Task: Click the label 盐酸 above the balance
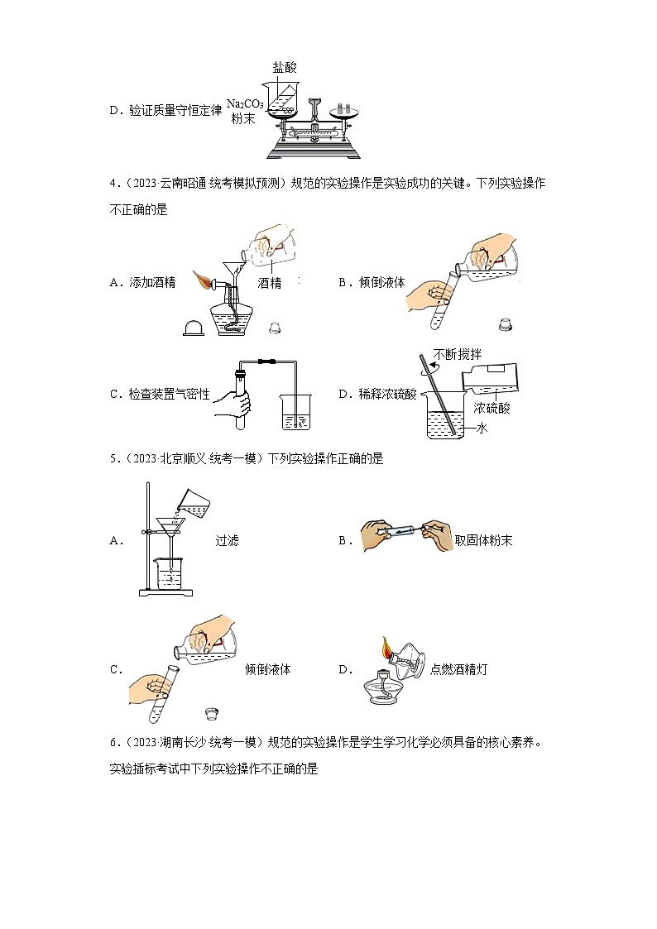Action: click(x=284, y=68)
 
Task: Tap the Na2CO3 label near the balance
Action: click(x=245, y=103)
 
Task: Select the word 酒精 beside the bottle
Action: click(x=270, y=283)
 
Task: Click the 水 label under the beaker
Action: click(x=482, y=428)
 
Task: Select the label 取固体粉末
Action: click(x=484, y=540)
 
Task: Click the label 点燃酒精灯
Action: click(x=459, y=669)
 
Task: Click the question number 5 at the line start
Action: click(x=113, y=458)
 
